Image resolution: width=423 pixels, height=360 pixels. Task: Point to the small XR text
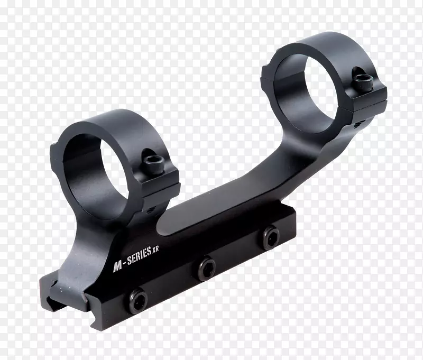pos(155,250)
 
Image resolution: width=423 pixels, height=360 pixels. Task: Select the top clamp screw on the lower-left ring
pos(154,164)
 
